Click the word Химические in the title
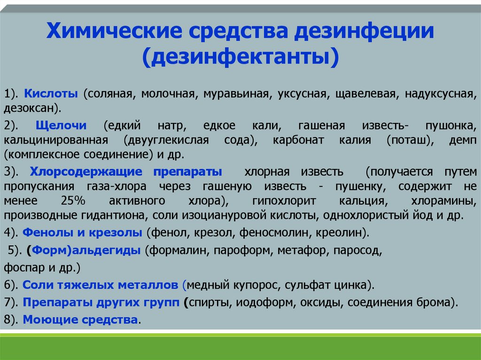click(114, 31)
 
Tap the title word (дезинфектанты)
click(240, 56)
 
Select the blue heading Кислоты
click(51, 93)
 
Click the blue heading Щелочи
click(61, 126)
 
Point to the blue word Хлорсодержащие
click(86, 172)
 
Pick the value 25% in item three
click(73, 201)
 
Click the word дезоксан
click(30, 108)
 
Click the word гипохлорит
click(284, 201)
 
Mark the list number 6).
click(11, 285)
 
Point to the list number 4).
click(11, 233)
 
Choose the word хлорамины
click(443, 201)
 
